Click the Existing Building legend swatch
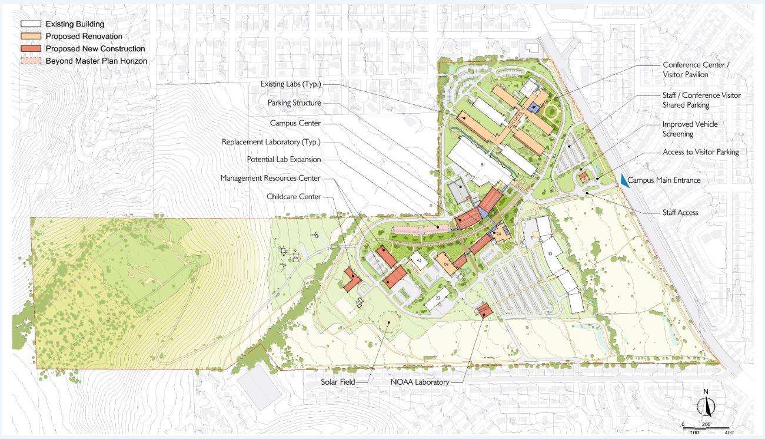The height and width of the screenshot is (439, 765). [31, 24]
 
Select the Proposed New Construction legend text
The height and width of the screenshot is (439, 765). [95, 49]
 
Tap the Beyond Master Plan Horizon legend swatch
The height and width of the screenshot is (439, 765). [31, 61]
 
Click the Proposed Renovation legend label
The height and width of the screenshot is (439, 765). [84, 37]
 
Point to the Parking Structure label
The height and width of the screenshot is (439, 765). [294, 103]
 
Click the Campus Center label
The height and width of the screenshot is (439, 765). [295, 123]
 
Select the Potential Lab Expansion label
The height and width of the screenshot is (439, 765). [284, 160]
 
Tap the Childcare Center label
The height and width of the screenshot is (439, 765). [294, 197]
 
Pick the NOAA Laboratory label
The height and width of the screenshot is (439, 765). [420, 382]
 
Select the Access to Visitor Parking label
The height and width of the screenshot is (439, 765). [700, 152]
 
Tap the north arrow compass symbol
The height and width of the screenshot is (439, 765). [705, 405]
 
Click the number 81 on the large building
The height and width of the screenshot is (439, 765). [483, 164]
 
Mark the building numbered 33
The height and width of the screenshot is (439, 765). [550, 253]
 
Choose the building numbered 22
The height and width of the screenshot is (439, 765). [438, 298]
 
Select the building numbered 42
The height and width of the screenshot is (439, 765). [419, 260]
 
